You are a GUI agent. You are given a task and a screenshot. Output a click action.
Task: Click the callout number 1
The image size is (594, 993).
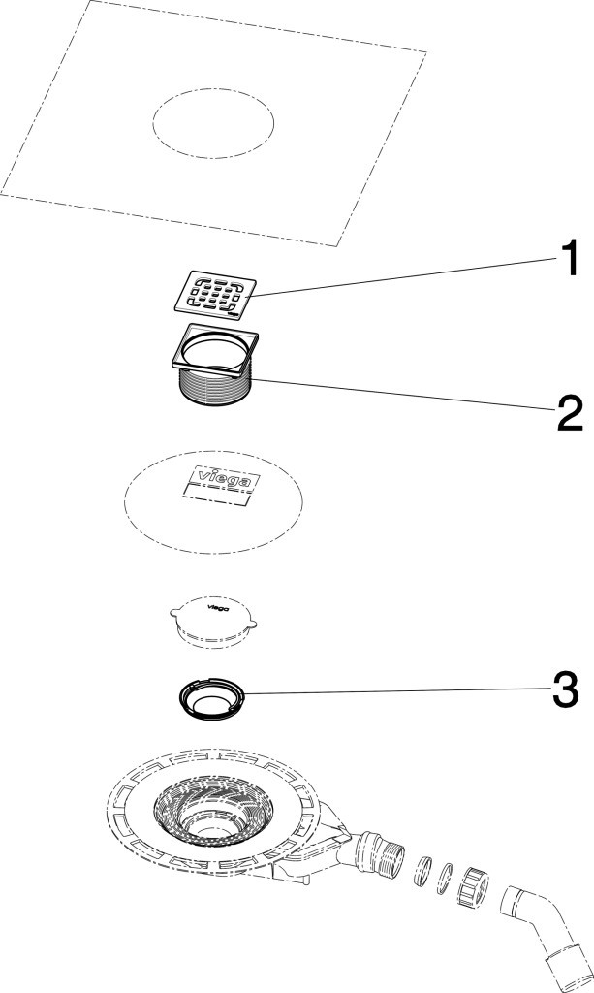pos(568,259)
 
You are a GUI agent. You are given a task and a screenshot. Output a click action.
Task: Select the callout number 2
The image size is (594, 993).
pos(570,413)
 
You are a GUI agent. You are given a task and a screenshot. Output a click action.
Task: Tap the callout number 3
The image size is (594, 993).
pos(565,690)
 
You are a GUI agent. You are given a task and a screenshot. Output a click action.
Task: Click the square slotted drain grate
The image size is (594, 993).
pos(217,294)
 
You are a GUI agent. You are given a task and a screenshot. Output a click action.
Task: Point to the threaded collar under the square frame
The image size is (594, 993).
pos(215,386)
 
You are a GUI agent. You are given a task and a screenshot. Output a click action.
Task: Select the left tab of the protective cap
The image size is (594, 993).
pos(175,612)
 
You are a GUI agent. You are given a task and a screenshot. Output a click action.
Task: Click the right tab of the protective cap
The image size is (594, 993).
pos(252,625)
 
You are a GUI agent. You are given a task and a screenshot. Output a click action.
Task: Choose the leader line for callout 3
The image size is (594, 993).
pos(397,691)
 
